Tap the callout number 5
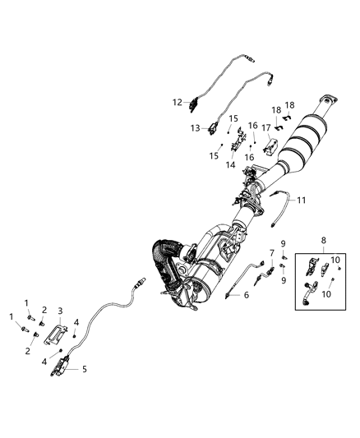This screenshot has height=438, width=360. coord(84,370)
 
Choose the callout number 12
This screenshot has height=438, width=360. coord(177,103)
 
